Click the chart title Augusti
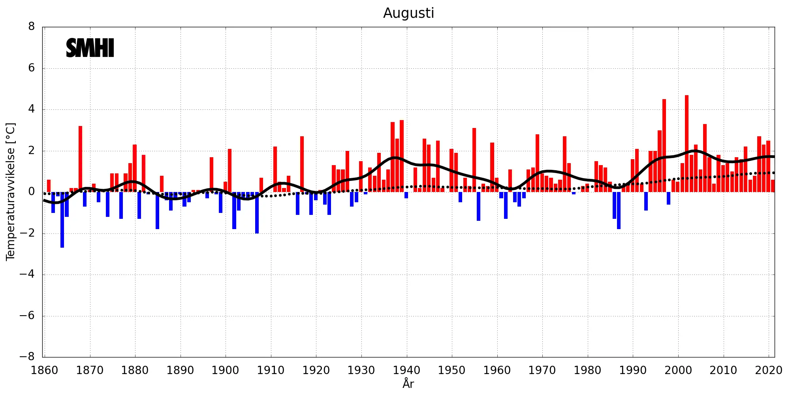coord(408,13)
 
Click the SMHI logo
coord(90,48)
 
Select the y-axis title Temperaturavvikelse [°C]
coord(11,192)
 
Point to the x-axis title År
coord(408,383)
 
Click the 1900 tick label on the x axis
coord(225,371)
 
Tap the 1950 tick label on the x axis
coord(451,371)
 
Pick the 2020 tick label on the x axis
coord(768,371)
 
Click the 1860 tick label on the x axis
coord(44,371)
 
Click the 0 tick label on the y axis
coord(32,192)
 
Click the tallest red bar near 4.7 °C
coord(687,144)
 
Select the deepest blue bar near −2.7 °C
coord(62,220)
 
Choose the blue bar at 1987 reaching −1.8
coord(619,210)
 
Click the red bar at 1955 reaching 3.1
coord(474,160)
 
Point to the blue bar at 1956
coord(479,206)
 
